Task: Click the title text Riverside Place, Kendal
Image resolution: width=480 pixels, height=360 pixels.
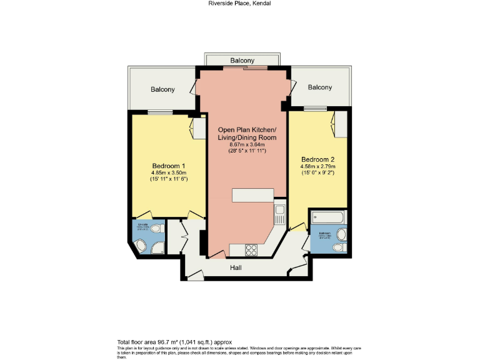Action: click(x=239, y=3)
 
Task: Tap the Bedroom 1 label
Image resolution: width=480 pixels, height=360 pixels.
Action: click(x=169, y=166)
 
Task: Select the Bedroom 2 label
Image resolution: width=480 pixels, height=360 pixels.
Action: click(x=318, y=159)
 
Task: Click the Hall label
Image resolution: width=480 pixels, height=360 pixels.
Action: click(x=236, y=267)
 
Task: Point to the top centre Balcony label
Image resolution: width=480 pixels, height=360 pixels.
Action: click(x=242, y=61)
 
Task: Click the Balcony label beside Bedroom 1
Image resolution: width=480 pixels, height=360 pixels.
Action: click(x=162, y=89)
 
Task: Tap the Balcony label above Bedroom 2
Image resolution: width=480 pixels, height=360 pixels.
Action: click(x=319, y=87)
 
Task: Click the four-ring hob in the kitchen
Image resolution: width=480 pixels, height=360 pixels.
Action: click(x=253, y=249)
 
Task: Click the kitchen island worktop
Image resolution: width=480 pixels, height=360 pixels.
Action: click(x=252, y=196)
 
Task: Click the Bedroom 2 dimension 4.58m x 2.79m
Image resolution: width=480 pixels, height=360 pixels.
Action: click(x=318, y=166)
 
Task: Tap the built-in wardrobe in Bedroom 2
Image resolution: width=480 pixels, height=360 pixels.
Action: click(x=341, y=124)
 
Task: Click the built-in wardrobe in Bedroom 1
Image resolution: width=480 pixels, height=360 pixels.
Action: click(x=199, y=127)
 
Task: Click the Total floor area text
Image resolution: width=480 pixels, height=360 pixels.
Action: click(x=174, y=342)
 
